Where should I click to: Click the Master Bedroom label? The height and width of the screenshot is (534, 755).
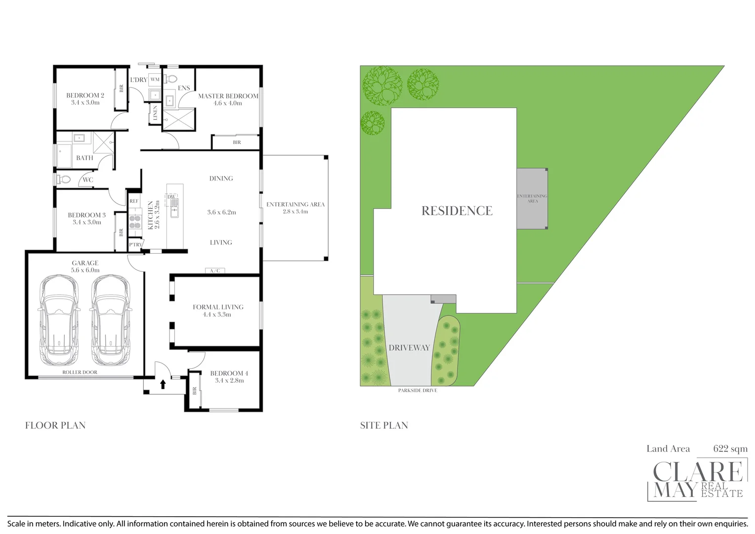coord(228,96)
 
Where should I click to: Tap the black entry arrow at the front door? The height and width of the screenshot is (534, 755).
coord(163,384)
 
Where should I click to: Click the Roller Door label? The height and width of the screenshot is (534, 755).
coord(80,372)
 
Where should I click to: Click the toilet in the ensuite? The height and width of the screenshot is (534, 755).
coord(171,78)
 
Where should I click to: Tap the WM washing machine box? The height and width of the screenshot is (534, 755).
coord(155,80)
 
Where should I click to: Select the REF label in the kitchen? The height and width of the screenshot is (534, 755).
coord(134,201)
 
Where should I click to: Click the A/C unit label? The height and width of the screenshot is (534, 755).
coord(215,270)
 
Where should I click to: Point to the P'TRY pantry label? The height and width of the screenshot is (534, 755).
coord(135,245)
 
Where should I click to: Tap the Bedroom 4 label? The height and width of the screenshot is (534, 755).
coord(229,373)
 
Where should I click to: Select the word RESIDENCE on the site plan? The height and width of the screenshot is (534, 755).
coord(457,211)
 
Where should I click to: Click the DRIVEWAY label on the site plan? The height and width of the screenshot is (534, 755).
coord(409,348)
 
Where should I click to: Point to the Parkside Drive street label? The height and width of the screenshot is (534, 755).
coord(418,391)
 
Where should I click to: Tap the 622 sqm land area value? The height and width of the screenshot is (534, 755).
coord(730,449)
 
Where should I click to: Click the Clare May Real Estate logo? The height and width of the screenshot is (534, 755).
coord(697,480)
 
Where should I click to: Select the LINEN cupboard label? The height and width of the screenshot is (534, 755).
coord(155,113)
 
